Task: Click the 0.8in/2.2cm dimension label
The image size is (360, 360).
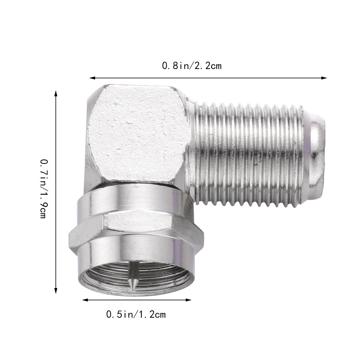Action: tap(192, 66)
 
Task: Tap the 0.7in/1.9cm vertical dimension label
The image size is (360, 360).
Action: tap(44, 189)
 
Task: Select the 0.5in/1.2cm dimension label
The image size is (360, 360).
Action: tap(136, 314)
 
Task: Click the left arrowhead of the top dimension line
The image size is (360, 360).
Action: tap(93, 78)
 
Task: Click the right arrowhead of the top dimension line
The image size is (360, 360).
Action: tap(324, 78)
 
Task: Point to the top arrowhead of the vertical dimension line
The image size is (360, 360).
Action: tap(55, 94)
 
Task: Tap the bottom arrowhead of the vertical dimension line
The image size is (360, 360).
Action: tap(55, 290)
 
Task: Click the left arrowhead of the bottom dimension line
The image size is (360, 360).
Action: tap(85, 300)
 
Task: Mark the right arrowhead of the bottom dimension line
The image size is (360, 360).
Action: tap(188, 300)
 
